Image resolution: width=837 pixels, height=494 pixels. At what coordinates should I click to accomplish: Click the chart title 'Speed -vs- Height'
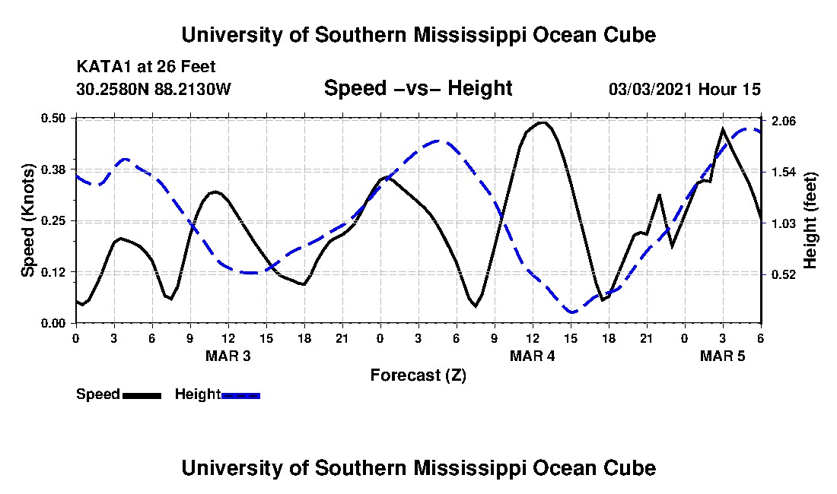click(x=418, y=88)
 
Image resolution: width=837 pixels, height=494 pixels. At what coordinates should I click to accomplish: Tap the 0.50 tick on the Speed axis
click(x=57, y=118)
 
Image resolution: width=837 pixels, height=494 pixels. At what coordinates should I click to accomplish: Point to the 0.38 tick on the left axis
click(x=57, y=169)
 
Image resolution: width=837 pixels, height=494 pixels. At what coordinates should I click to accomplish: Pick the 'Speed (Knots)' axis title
click(x=28, y=220)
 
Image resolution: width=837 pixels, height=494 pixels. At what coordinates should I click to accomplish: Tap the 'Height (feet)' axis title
click(x=810, y=220)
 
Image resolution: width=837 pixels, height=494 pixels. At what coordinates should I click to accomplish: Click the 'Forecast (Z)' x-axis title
click(x=418, y=375)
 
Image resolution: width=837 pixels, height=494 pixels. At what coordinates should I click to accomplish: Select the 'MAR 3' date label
click(x=228, y=356)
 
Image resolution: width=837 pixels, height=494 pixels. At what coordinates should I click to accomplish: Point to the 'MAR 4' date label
click(x=532, y=356)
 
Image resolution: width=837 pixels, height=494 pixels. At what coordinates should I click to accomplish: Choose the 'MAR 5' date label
click(x=722, y=356)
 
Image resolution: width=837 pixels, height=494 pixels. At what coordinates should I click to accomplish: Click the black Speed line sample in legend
click(x=142, y=395)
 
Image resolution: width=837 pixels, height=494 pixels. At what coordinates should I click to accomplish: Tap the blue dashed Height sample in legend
click(x=240, y=395)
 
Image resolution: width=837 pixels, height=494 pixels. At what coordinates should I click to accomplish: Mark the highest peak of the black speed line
click(x=542, y=122)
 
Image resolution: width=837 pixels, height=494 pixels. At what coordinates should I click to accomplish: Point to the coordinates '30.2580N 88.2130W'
click(x=153, y=89)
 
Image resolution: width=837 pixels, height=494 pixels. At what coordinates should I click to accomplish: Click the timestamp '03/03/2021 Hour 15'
click(x=684, y=89)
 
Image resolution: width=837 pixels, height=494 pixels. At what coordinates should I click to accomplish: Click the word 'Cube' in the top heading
click(x=629, y=35)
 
